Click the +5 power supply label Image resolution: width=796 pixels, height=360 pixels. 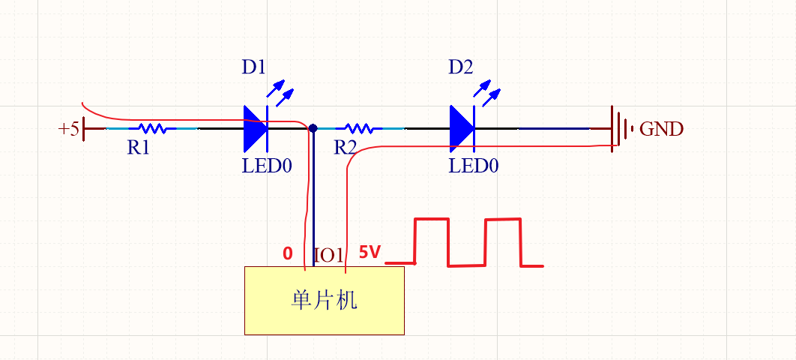pos(68,129)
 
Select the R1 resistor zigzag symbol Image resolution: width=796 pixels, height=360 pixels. pos(152,128)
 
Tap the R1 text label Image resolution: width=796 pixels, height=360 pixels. pos(138,148)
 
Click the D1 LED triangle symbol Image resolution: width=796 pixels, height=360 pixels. pos(256,128)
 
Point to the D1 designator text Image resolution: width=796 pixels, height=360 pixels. pos(253,67)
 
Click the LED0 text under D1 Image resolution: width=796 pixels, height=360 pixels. pos(266,166)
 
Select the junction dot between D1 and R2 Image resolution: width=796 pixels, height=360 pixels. pos(313,128)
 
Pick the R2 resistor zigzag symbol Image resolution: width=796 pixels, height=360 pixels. pos(358,128)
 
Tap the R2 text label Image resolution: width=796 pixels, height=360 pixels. pos(345,148)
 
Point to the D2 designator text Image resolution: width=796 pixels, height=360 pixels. pos(460,67)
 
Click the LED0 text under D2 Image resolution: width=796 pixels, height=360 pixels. pos(473,166)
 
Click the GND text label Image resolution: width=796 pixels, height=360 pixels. pos(661,129)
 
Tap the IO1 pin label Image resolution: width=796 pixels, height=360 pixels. pos(328,255)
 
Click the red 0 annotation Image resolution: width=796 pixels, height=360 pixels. pos(288,254)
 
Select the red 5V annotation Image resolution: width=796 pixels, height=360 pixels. pos(370,253)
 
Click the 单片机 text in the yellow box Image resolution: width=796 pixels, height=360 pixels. pos(324,300)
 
